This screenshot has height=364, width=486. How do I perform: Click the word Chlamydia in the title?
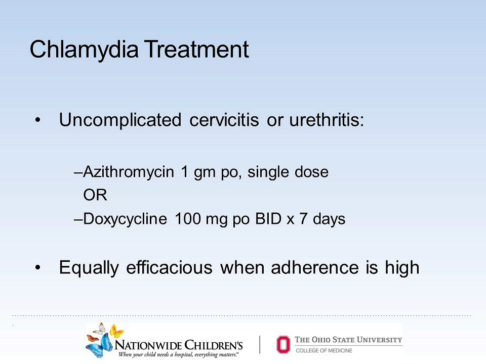click(84, 50)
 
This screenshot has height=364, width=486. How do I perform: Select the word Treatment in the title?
click(196, 49)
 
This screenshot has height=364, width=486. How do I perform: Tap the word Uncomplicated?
click(120, 120)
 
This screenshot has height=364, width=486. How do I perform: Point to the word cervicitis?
click(224, 120)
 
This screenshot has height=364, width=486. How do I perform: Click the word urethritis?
click(327, 120)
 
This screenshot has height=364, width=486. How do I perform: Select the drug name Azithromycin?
click(129, 172)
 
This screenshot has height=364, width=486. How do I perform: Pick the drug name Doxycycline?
click(125, 219)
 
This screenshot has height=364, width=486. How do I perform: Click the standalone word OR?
click(95, 195)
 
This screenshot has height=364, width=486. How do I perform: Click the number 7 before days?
click(303, 218)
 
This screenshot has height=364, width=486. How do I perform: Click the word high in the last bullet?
click(402, 268)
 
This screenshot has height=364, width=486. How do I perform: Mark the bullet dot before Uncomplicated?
click(38, 120)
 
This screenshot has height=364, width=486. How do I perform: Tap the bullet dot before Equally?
click(38, 268)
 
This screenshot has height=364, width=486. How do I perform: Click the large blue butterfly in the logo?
click(99, 346)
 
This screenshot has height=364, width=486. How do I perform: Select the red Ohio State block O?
click(283, 344)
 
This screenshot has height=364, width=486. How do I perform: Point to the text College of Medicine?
click(324, 350)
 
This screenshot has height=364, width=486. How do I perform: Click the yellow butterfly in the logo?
click(116, 331)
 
